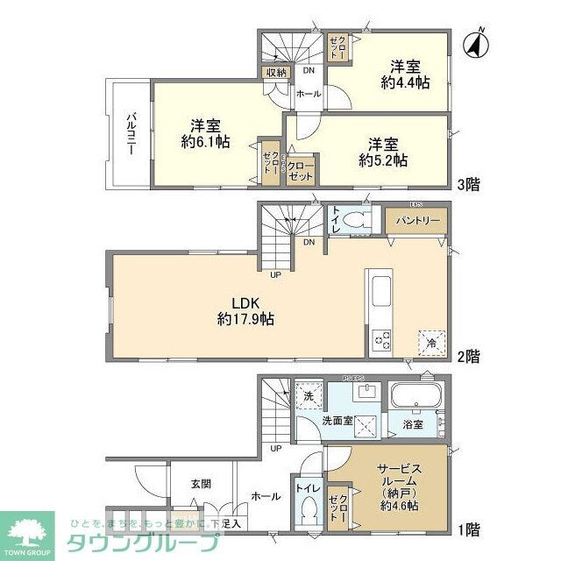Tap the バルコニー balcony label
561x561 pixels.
(129, 133)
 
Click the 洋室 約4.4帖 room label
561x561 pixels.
(405, 74)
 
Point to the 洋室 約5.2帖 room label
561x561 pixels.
(383, 152)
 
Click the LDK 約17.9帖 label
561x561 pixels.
(245, 311)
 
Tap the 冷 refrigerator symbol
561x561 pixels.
(430, 340)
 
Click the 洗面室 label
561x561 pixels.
(336, 422)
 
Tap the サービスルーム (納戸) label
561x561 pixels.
(400, 487)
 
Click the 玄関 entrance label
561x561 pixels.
(200, 482)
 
